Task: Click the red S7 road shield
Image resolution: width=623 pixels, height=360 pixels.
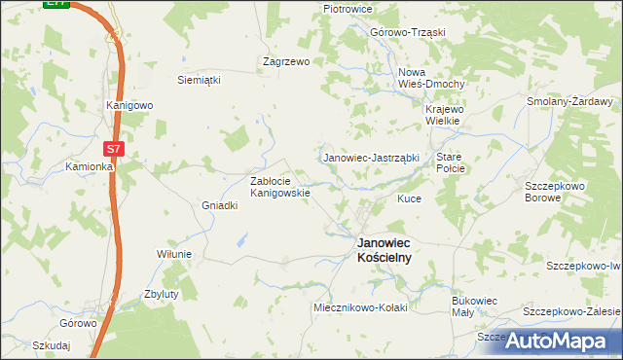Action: click(x=114, y=149)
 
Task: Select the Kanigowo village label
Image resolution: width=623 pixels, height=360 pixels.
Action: click(x=129, y=105)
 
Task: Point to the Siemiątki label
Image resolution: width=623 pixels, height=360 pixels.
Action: click(x=199, y=80)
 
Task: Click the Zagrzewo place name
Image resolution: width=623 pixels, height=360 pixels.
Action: click(x=286, y=60)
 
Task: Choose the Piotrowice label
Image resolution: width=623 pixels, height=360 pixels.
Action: click(x=349, y=9)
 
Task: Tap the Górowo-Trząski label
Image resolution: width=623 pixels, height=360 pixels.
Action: click(x=407, y=31)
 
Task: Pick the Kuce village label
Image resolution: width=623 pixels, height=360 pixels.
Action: click(x=408, y=198)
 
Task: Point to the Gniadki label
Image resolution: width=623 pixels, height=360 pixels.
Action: click(x=219, y=205)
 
